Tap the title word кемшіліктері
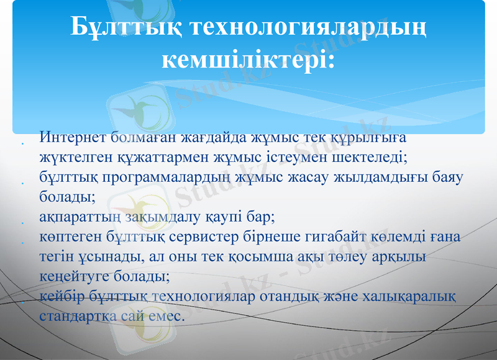[248, 60]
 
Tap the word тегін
[55, 258]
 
